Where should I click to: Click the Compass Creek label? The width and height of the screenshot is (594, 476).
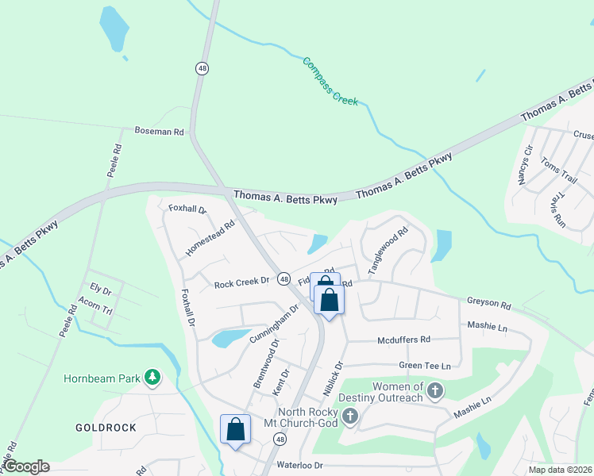click(x=330, y=82)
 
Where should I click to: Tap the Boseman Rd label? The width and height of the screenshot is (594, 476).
click(x=159, y=131)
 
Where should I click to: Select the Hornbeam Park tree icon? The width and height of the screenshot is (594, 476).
click(x=152, y=378)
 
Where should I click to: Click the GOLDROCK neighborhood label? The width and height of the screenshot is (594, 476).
click(x=106, y=428)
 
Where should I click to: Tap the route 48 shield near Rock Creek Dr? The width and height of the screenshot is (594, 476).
click(x=283, y=278)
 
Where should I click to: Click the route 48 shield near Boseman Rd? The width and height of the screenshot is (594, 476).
click(x=202, y=69)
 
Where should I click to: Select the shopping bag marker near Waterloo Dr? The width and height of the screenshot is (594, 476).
click(x=235, y=429)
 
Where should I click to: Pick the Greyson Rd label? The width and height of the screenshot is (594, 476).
click(x=488, y=302)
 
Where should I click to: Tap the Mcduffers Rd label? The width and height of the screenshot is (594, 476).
click(x=403, y=340)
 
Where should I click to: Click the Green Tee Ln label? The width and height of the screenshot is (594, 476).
click(x=425, y=366)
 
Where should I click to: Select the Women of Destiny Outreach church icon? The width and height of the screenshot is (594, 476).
click(x=434, y=390)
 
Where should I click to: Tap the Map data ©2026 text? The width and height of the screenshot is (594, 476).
click(x=559, y=470)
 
